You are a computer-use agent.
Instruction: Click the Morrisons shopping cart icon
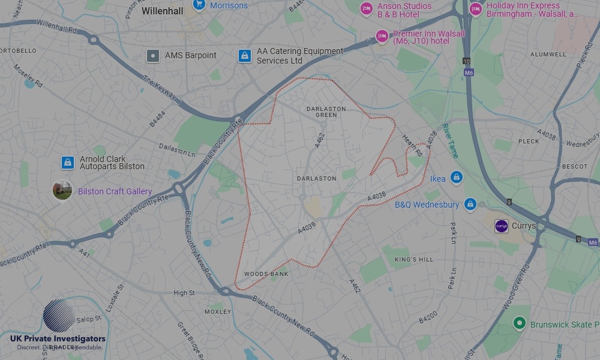pyautogui.click(x=199, y=5)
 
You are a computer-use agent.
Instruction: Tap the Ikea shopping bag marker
pyautogui.click(x=457, y=178)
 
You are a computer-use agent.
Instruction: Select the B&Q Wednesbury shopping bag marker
pyautogui.click(x=470, y=205)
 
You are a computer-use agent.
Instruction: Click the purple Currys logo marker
pyautogui.click(x=501, y=226)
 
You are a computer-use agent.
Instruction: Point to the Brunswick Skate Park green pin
pyautogui.click(x=520, y=324)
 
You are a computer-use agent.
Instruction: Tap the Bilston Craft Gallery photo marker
pyautogui.click(x=62, y=191)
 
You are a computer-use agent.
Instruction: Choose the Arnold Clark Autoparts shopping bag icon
pyautogui.click(x=68, y=162)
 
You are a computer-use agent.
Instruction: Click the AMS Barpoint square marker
pyautogui.click(x=154, y=56)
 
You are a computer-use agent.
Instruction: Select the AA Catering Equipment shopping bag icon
pyautogui.click(x=244, y=56)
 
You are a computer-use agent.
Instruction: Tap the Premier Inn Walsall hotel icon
pyautogui.click(x=382, y=37)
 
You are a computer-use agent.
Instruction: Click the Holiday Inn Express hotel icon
pyautogui.click(x=476, y=9)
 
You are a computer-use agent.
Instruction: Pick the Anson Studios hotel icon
pyautogui.click(x=366, y=9)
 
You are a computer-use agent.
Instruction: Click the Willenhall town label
pyautogui.click(x=162, y=11)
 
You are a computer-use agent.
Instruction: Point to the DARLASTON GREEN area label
pyautogui.click(x=326, y=112)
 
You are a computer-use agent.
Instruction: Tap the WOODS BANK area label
pyautogui.click(x=266, y=274)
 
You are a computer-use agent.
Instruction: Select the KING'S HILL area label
pyautogui.click(x=413, y=259)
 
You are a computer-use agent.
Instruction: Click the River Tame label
pyautogui.click(x=450, y=141)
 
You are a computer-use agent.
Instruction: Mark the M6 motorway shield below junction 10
pyautogui.click(x=468, y=73)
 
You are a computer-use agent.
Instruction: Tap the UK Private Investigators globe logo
pyautogui.click(x=59, y=316)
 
